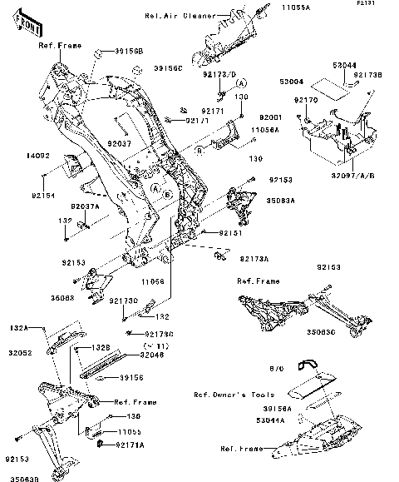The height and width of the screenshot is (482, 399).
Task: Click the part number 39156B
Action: click(x=128, y=52)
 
